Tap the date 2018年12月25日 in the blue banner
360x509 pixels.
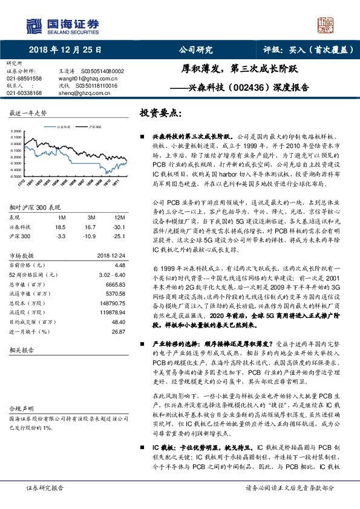(64, 50)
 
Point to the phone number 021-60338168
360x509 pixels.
(24, 93)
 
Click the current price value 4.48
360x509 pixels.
(119, 265)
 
